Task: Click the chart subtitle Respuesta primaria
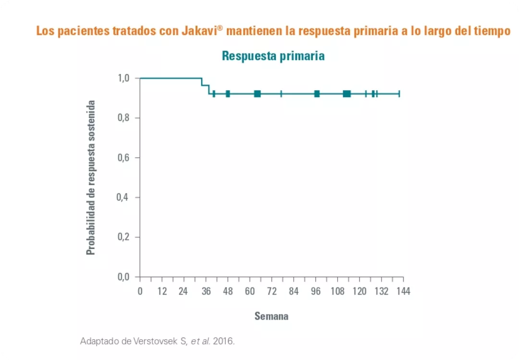pos(273,56)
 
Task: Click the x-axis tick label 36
pos(206,292)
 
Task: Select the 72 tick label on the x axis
pos(272,292)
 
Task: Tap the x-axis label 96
pos(316,292)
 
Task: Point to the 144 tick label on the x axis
pos(403,292)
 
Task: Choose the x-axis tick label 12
pos(162,292)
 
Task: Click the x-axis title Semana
pos(272,316)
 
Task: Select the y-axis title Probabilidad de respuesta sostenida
pos(91,177)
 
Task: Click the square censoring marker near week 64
pos(257,94)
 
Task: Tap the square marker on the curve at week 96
pos(317,94)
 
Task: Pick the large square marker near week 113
pos(346,94)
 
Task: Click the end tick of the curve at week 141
pos(399,94)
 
